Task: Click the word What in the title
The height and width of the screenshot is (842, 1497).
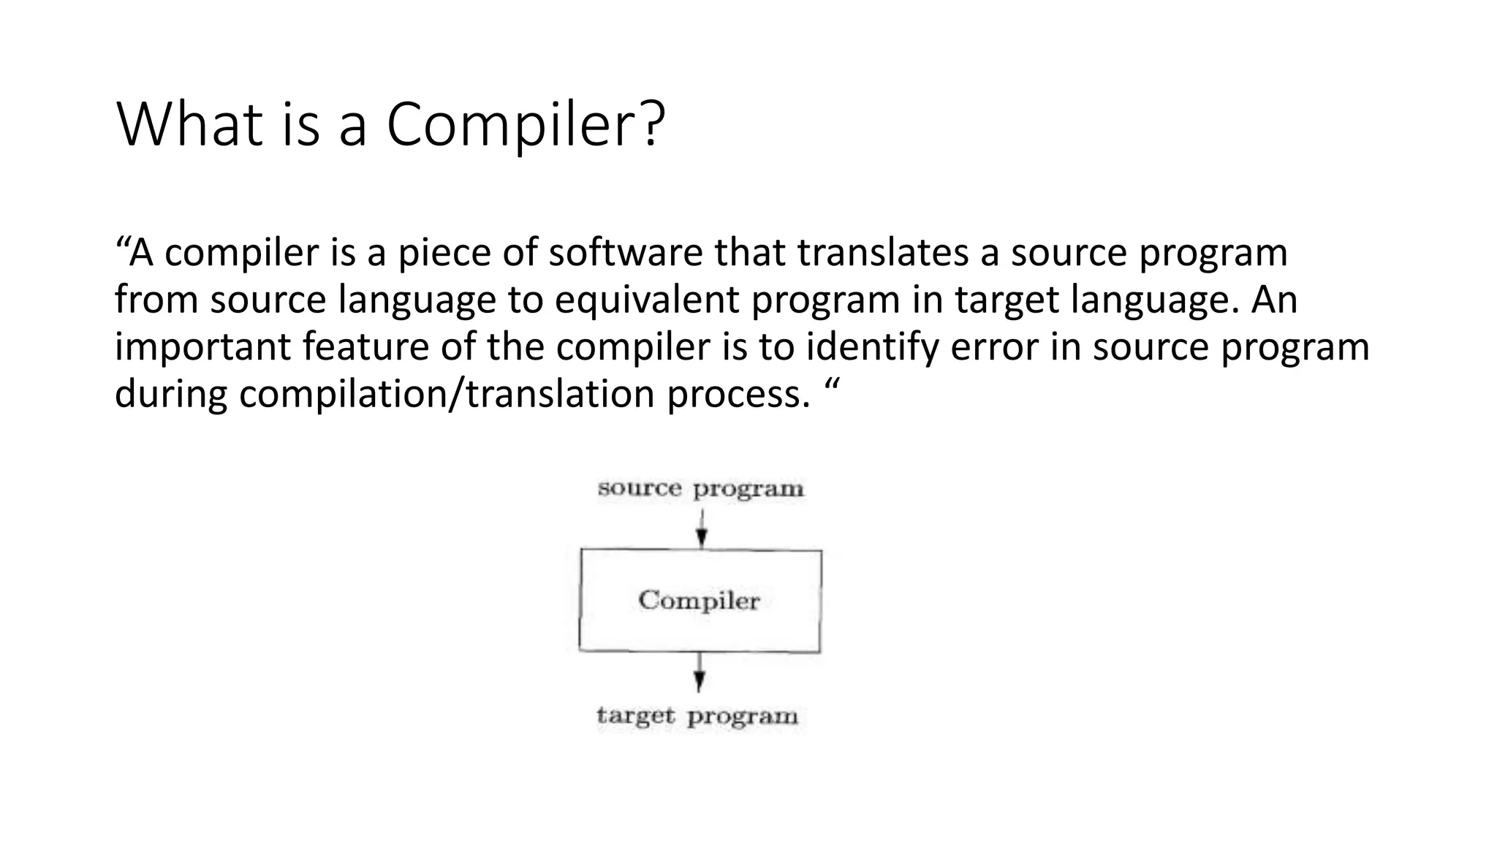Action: (x=189, y=124)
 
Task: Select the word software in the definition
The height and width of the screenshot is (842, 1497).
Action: (x=625, y=253)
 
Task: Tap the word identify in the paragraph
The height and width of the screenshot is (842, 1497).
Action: (x=871, y=347)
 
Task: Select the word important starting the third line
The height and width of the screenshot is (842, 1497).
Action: (x=202, y=347)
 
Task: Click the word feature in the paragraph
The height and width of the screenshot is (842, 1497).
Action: (x=365, y=347)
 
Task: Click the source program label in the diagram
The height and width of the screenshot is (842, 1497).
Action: (x=700, y=489)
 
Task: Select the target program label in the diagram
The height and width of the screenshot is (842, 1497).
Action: (x=697, y=716)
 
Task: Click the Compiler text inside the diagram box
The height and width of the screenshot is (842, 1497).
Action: (x=699, y=601)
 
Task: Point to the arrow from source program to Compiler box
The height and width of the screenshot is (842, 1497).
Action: (x=701, y=529)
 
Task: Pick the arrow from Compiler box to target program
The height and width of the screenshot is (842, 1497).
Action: (x=700, y=671)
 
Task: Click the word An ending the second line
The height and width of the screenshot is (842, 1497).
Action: (x=1274, y=300)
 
